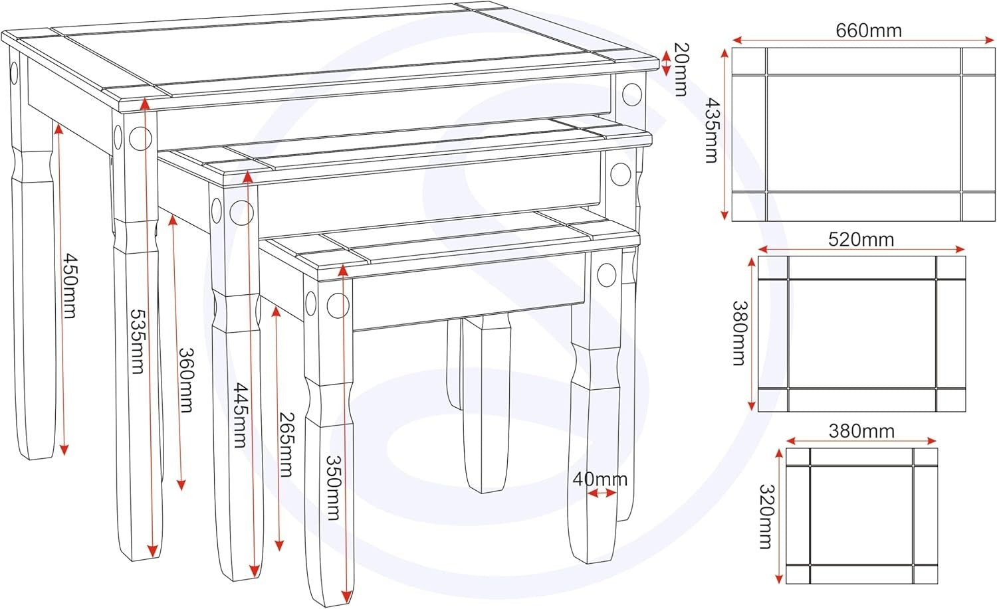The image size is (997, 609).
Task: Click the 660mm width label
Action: coord(868,31)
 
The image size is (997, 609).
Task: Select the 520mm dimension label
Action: coord(861,239)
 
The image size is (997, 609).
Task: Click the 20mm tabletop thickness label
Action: coord(681,69)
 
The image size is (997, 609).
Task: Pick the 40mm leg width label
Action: coord(600,479)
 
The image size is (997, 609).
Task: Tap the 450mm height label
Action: coord(69,286)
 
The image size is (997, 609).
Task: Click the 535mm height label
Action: coord(137,341)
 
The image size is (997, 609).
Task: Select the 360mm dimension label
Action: coord(187,381)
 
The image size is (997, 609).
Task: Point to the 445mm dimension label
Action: coord(241,415)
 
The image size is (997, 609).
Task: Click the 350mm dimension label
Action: coord(334,487)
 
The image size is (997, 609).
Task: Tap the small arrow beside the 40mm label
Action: coord(602,493)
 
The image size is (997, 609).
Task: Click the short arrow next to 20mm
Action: coord(666,63)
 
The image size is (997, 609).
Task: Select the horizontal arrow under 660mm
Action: coord(863,41)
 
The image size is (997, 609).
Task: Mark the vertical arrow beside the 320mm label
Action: coord(778,516)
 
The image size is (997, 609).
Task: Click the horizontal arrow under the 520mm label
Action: coord(861,249)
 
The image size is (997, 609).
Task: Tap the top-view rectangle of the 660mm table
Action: coord(863,134)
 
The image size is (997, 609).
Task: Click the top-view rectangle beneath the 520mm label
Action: coord(861,333)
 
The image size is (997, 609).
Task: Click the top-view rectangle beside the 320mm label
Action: coord(861,516)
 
